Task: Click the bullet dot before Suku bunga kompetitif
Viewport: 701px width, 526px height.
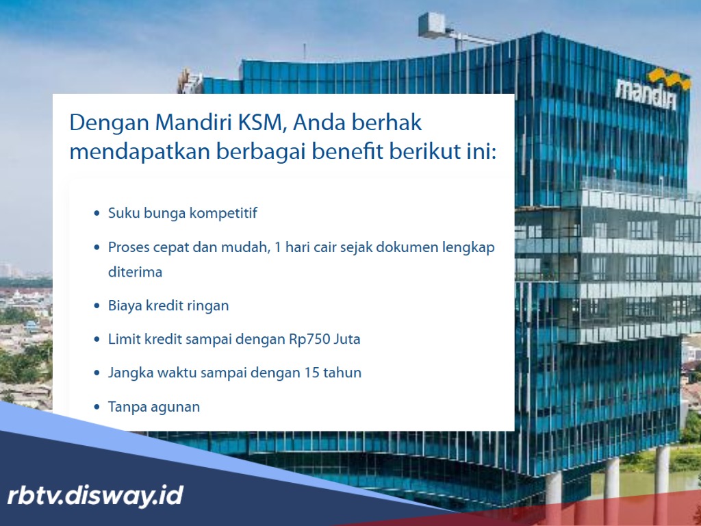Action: [x=97, y=214]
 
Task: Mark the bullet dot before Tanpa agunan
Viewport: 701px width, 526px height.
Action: [x=97, y=407]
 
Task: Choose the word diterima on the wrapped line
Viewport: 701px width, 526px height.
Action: [x=135, y=272]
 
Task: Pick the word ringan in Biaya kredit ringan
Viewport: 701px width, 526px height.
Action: [x=207, y=305]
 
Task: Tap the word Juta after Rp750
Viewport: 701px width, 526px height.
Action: [x=346, y=339]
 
